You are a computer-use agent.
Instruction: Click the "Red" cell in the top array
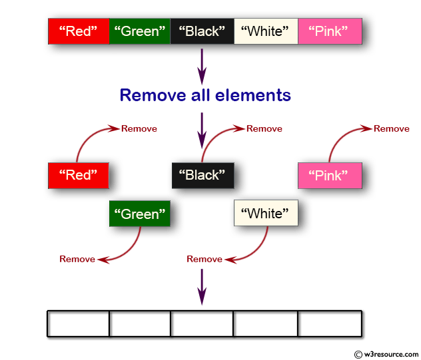[x=79, y=31]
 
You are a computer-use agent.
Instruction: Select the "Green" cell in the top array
[x=139, y=31]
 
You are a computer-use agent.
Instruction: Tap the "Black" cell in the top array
[x=202, y=31]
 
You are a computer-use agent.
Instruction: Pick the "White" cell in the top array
[x=265, y=31]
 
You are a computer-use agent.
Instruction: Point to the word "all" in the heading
[x=204, y=95]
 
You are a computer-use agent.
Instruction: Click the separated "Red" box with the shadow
[x=78, y=175]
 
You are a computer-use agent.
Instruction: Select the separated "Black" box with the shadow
[x=203, y=175]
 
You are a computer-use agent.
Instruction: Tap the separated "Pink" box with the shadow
[x=330, y=176]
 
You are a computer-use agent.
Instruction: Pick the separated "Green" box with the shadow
[x=140, y=214]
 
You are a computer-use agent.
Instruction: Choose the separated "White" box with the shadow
[x=265, y=214]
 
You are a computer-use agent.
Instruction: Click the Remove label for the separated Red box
[x=139, y=128]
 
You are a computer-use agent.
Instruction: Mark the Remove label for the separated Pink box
[x=391, y=128]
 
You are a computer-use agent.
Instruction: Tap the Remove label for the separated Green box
[x=77, y=259]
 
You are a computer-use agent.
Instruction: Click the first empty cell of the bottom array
[x=79, y=324]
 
